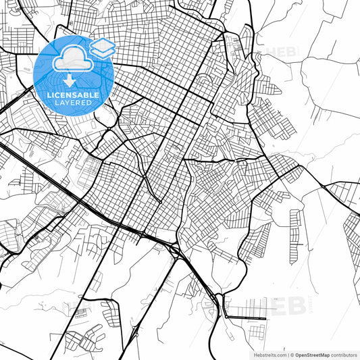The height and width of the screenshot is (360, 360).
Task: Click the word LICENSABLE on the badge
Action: coord(73,95)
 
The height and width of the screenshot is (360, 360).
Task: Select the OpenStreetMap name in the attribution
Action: coord(314,354)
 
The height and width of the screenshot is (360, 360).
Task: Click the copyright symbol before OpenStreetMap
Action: coord(291,354)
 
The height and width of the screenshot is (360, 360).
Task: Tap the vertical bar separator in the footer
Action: coord(286,354)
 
